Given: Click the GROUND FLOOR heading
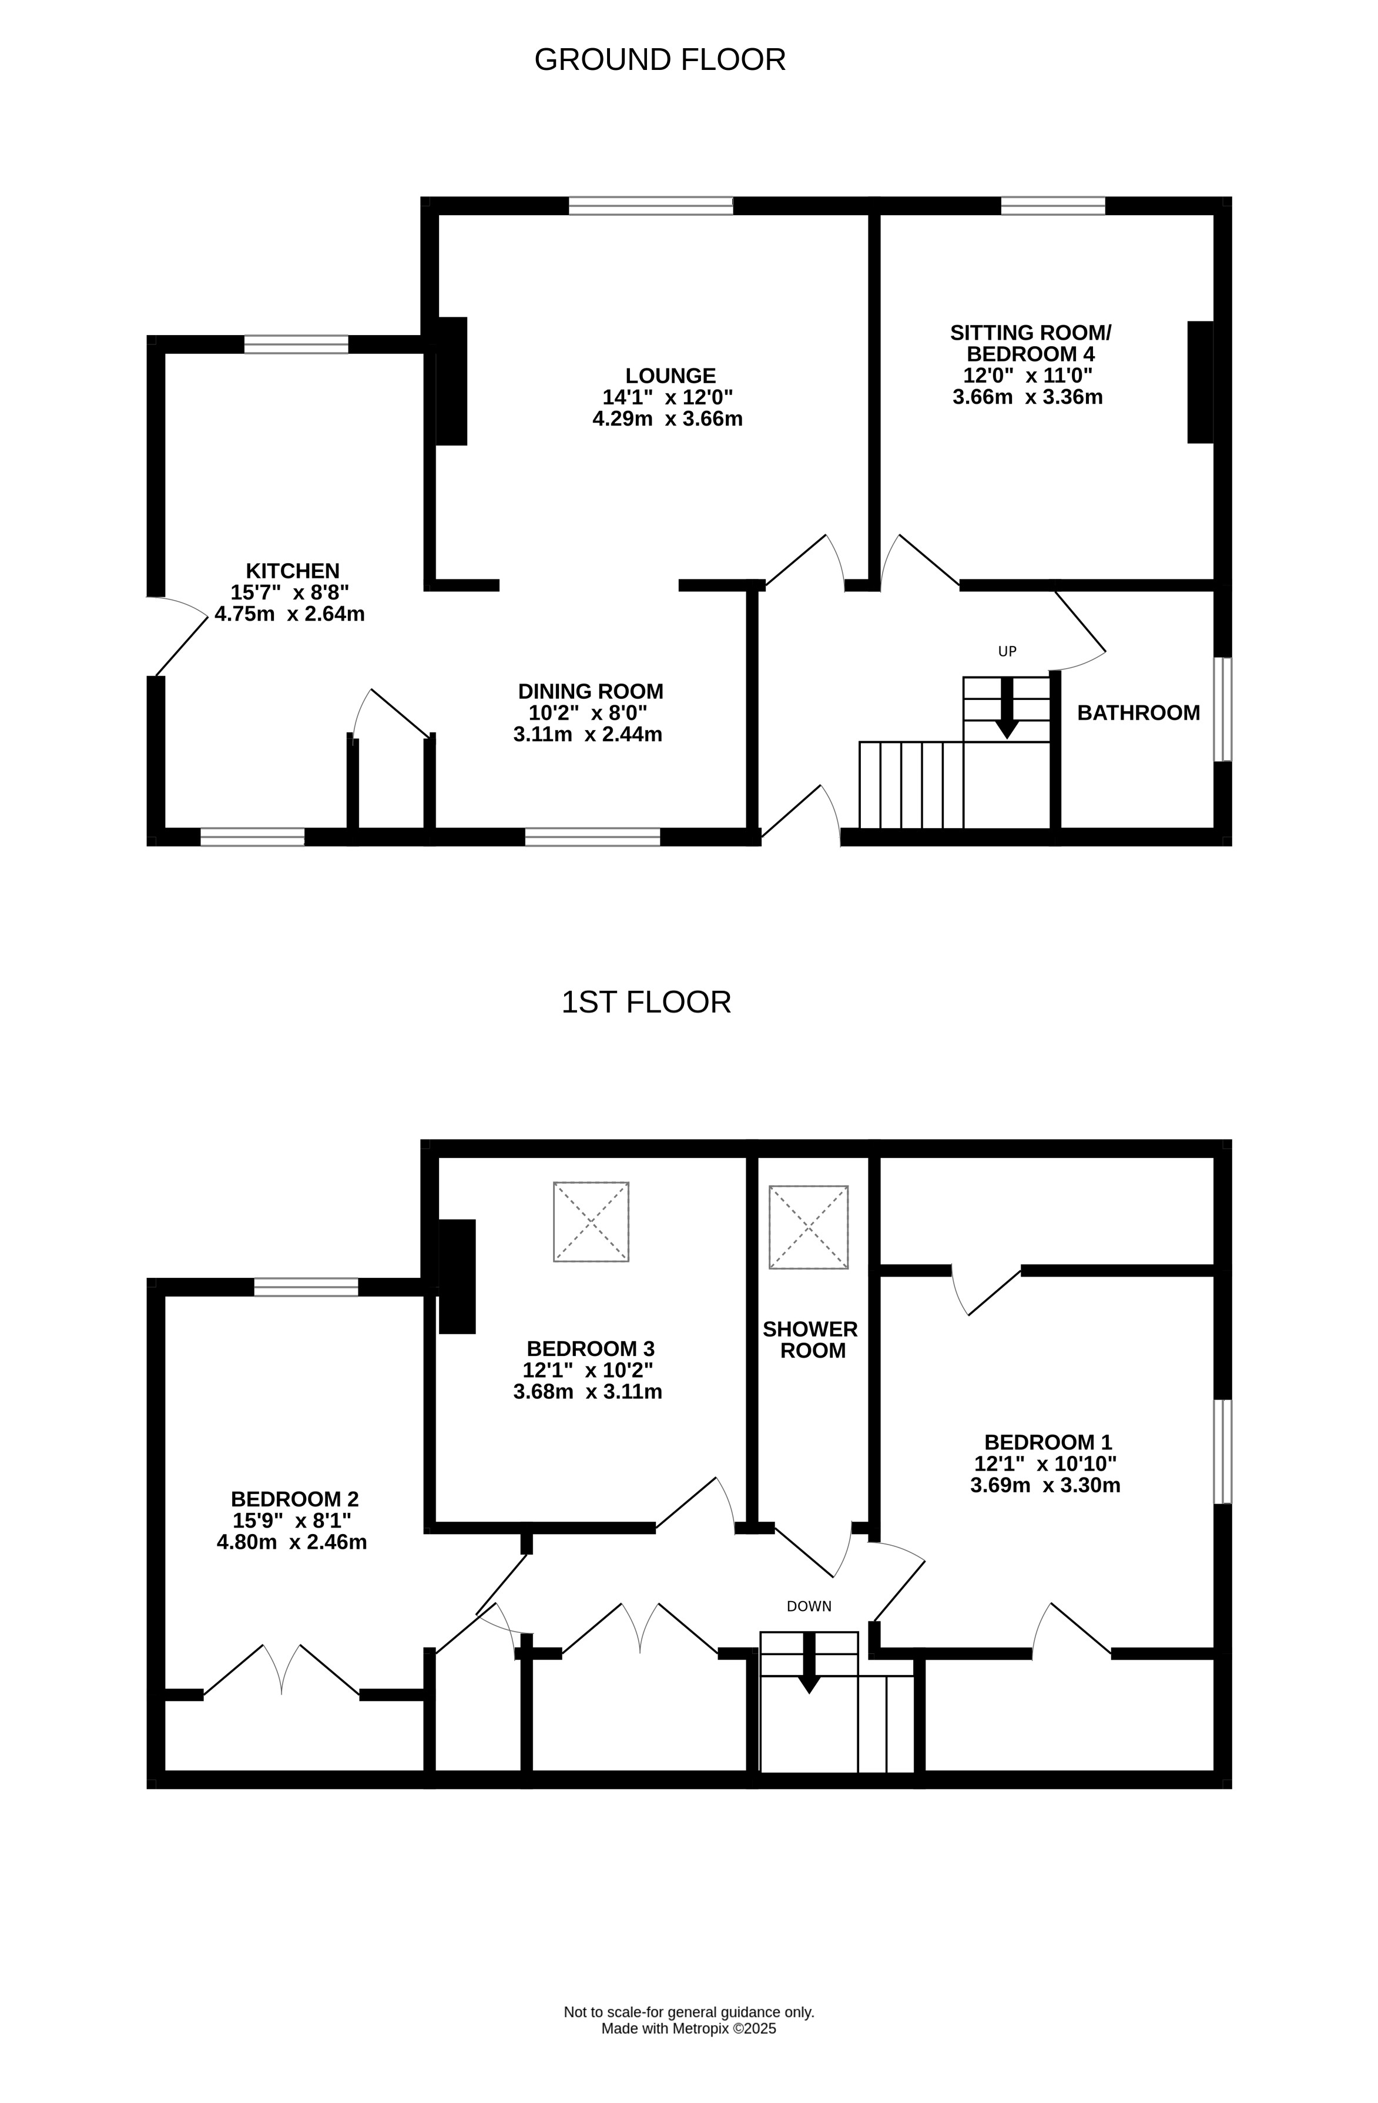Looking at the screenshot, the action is click(x=660, y=60).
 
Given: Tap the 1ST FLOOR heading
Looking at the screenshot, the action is click(x=646, y=1003).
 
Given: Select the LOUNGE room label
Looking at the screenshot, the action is click(x=670, y=376).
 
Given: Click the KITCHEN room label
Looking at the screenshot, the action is click(x=293, y=571).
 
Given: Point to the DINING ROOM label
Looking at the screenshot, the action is click(x=591, y=692).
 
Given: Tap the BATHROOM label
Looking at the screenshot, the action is click(x=1139, y=713).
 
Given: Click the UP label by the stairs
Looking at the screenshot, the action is click(x=1007, y=652).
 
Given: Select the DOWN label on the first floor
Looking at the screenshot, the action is click(x=809, y=1606).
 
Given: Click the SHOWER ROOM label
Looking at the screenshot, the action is click(x=811, y=1340).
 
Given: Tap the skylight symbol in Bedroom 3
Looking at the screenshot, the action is click(x=591, y=1222).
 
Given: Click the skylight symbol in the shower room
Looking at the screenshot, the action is click(x=808, y=1227).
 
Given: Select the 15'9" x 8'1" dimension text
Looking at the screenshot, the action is click(x=293, y=1521).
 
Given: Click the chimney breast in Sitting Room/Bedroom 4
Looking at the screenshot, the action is click(x=1201, y=381).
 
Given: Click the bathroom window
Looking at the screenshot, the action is click(x=1222, y=709).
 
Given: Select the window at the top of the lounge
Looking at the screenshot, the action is click(x=651, y=206).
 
